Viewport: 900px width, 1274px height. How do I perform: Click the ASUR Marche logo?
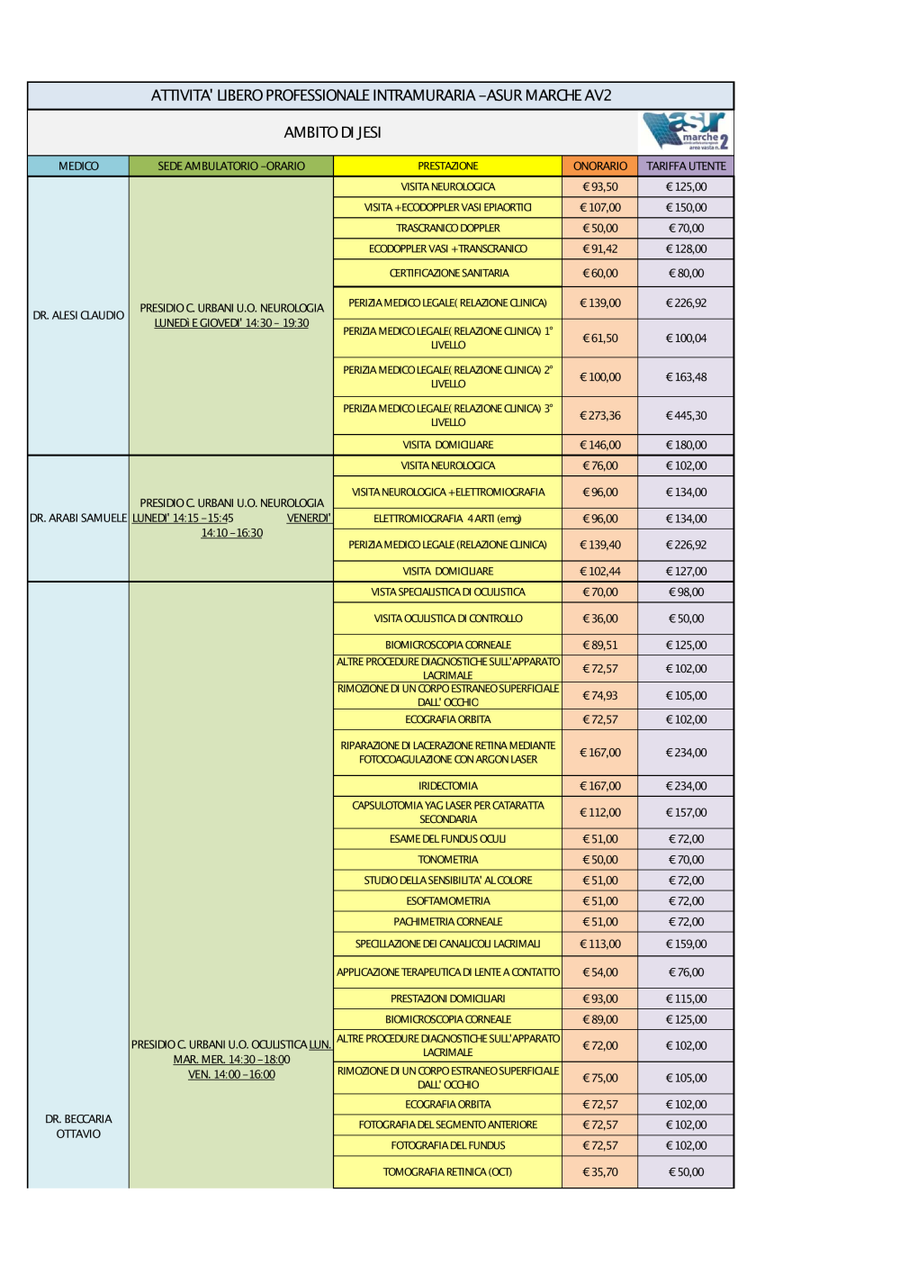point(687,131)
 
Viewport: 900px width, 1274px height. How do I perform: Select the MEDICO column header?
point(78,166)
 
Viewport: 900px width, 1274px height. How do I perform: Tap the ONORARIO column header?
point(599,166)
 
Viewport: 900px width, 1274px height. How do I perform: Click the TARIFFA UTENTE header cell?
point(686,166)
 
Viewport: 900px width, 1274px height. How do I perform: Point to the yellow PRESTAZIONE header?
point(447,166)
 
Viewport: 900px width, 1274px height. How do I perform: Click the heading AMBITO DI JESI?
point(332,132)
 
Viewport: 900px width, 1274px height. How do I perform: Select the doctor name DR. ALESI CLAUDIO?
point(78,315)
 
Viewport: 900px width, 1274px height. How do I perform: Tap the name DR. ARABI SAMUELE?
point(78,518)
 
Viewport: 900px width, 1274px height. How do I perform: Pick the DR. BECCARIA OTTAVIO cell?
point(78,1126)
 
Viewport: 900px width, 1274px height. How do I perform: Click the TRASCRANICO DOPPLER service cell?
point(447,228)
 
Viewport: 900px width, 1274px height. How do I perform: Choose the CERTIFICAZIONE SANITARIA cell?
point(448,273)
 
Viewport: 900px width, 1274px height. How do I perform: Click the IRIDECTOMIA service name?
point(447,786)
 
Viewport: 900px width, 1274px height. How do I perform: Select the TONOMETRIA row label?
point(447,860)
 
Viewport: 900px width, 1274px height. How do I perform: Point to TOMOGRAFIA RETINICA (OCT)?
point(447,1171)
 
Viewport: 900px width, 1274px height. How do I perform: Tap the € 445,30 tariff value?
point(686,416)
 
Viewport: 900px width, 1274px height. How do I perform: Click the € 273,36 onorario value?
point(599,416)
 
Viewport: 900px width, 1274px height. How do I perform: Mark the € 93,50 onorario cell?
point(599,187)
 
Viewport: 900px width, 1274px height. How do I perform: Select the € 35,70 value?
point(599,1171)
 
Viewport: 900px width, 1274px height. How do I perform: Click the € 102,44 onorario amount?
point(599,571)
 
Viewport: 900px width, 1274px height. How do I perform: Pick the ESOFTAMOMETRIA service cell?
point(447,901)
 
